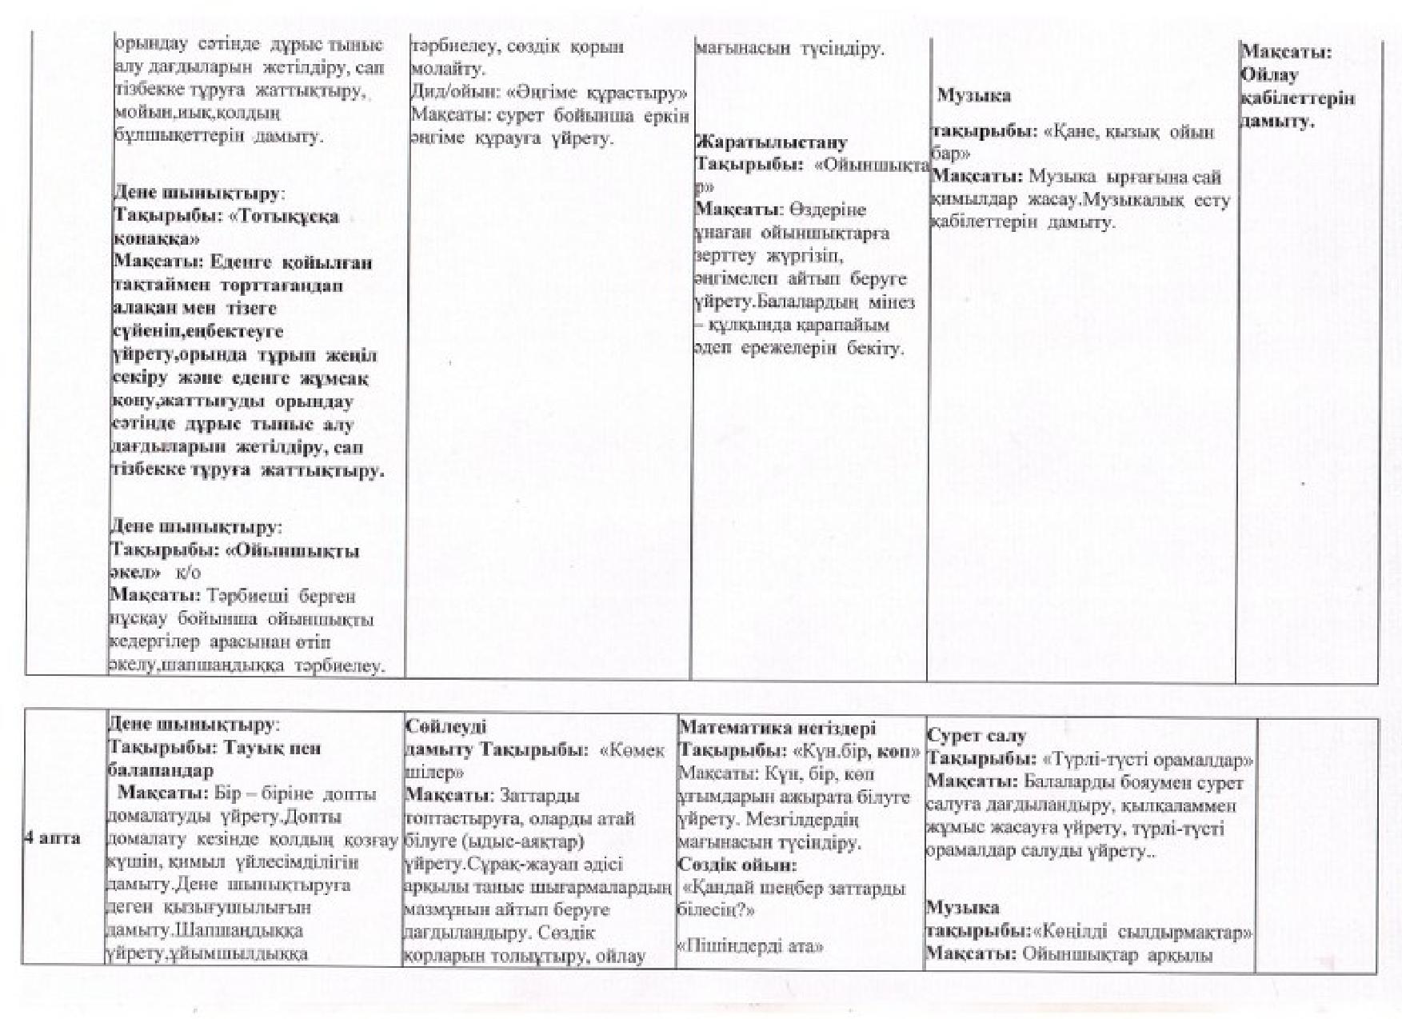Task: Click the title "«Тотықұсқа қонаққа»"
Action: (226, 227)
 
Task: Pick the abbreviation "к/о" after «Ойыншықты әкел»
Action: (188, 573)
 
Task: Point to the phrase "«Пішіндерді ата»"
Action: (750, 946)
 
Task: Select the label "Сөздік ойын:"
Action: (737, 865)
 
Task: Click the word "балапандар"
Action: (160, 770)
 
